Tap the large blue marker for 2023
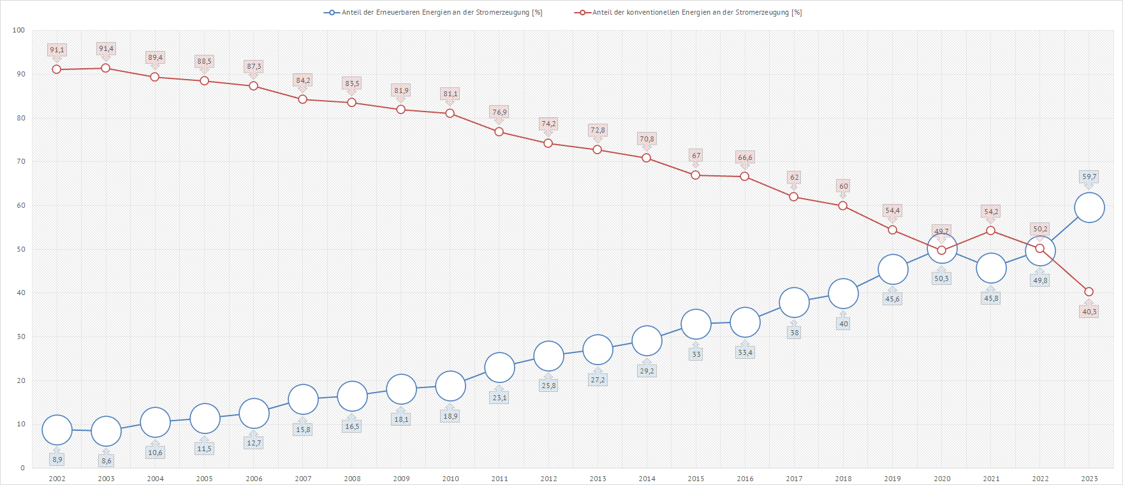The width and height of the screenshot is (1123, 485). (x=1089, y=208)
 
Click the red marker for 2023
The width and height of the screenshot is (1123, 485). (x=1089, y=292)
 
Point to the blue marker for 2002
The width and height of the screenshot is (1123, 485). (x=57, y=430)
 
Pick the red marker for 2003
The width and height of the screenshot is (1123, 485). (x=106, y=68)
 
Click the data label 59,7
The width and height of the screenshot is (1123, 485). (x=1089, y=177)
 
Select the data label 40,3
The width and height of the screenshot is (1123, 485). (x=1089, y=312)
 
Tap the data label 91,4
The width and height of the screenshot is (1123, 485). (x=106, y=48)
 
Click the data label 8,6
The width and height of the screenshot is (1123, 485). (x=106, y=461)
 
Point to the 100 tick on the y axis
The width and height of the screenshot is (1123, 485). (x=18, y=30)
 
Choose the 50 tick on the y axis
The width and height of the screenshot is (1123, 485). (x=21, y=249)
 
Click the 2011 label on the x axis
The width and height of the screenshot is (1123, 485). (x=499, y=479)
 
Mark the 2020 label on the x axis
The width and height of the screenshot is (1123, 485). (x=942, y=479)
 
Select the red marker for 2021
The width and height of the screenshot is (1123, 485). (x=990, y=231)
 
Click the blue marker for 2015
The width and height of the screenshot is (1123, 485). (x=696, y=324)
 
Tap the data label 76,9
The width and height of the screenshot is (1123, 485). (x=499, y=112)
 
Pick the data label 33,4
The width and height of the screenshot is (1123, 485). (x=745, y=352)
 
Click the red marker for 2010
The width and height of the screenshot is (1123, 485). (x=450, y=113)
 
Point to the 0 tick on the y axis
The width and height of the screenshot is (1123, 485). (x=23, y=468)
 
